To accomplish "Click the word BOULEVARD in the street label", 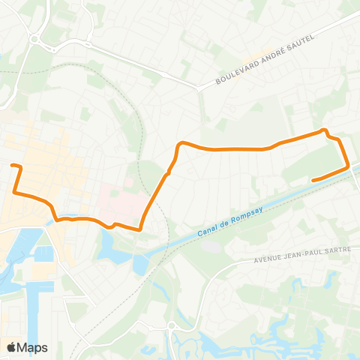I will [235, 73].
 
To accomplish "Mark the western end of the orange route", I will [12, 165].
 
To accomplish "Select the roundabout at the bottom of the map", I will [172, 325].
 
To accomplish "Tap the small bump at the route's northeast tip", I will [325, 131].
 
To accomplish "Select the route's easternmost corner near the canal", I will [349, 168].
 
